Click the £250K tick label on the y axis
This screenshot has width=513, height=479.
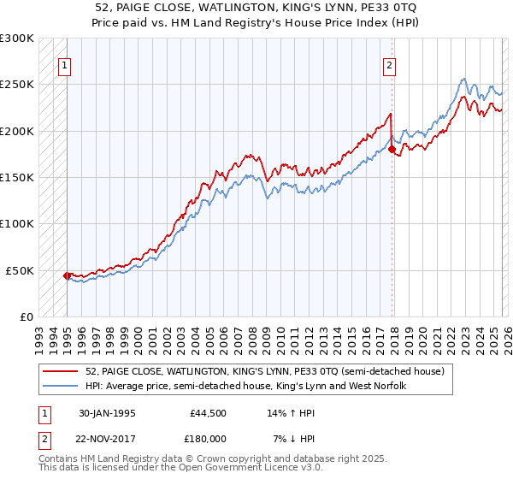coord(17,85)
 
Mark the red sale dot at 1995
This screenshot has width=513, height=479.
coord(68,275)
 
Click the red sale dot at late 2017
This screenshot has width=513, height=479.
coord(392,150)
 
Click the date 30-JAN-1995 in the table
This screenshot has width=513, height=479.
coord(106,412)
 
